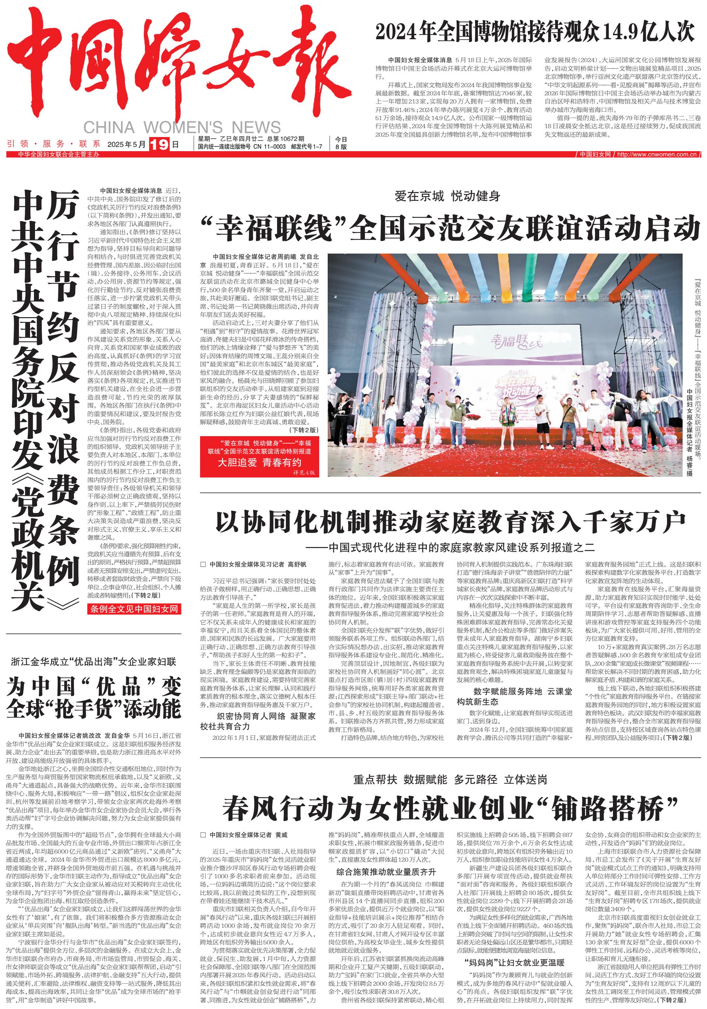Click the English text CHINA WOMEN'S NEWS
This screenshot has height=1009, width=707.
[x=182, y=127]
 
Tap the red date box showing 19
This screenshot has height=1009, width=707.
[x=159, y=144]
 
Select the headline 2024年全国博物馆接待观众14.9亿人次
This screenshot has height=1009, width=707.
[x=534, y=32]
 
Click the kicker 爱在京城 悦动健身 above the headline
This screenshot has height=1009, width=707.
[x=447, y=196]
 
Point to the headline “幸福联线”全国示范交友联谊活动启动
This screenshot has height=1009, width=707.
[x=450, y=228]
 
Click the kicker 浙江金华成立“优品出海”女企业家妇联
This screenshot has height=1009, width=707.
[x=93, y=661]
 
